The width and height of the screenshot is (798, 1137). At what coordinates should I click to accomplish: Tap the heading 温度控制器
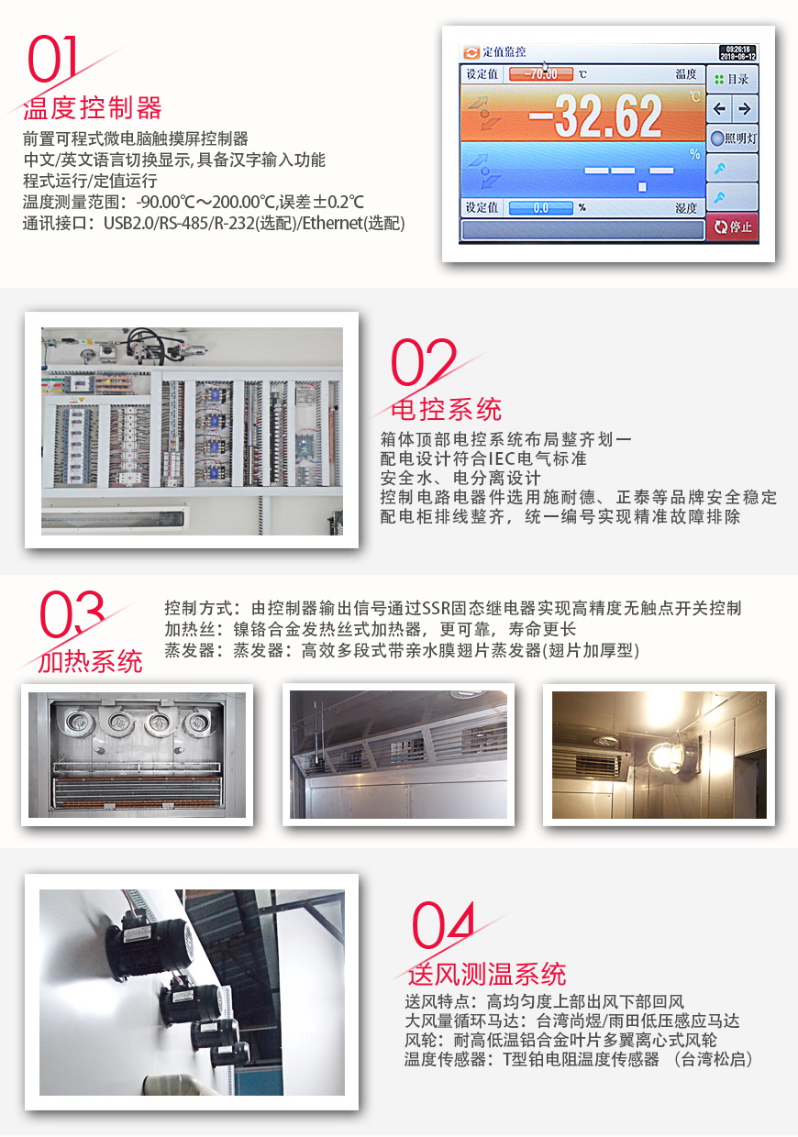coord(92,108)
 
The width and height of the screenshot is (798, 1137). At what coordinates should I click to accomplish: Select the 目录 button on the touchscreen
coord(732,79)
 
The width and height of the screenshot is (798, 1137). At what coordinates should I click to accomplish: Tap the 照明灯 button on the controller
coord(733,138)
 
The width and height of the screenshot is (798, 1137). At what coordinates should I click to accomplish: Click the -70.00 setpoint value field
coord(540,74)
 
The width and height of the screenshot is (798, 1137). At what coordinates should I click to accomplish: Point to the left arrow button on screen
coord(720,109)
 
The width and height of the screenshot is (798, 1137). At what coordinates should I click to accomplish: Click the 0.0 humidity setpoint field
coord(540,208)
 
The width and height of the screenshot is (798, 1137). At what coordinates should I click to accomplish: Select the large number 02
coord(423,363)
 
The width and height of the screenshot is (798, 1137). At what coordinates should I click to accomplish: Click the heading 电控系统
coord(447,408)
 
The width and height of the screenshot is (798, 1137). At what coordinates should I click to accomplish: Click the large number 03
coord(72,615)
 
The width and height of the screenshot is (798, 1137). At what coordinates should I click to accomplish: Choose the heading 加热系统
coord(90,661)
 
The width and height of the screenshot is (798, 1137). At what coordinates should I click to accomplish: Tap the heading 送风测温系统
coord(487,974)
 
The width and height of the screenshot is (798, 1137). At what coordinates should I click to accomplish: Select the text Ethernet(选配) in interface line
coord(356,223)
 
